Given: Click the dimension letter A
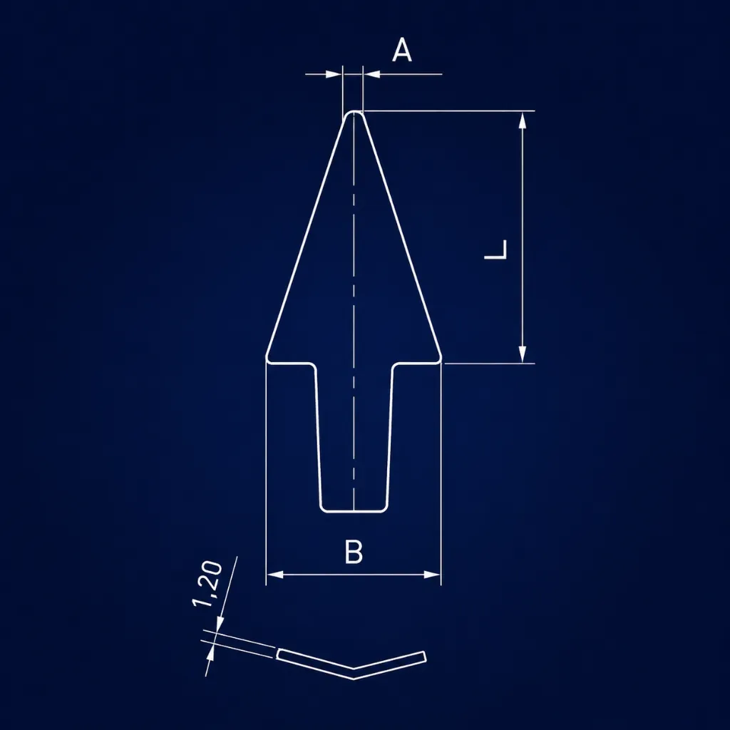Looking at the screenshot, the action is click(402, 51).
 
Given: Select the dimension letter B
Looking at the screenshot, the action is click(354, 551).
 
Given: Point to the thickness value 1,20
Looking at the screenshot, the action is click(207, 584).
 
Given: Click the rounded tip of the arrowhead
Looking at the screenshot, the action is click(354, 112).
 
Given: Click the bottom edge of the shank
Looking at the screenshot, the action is click(354, 512).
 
